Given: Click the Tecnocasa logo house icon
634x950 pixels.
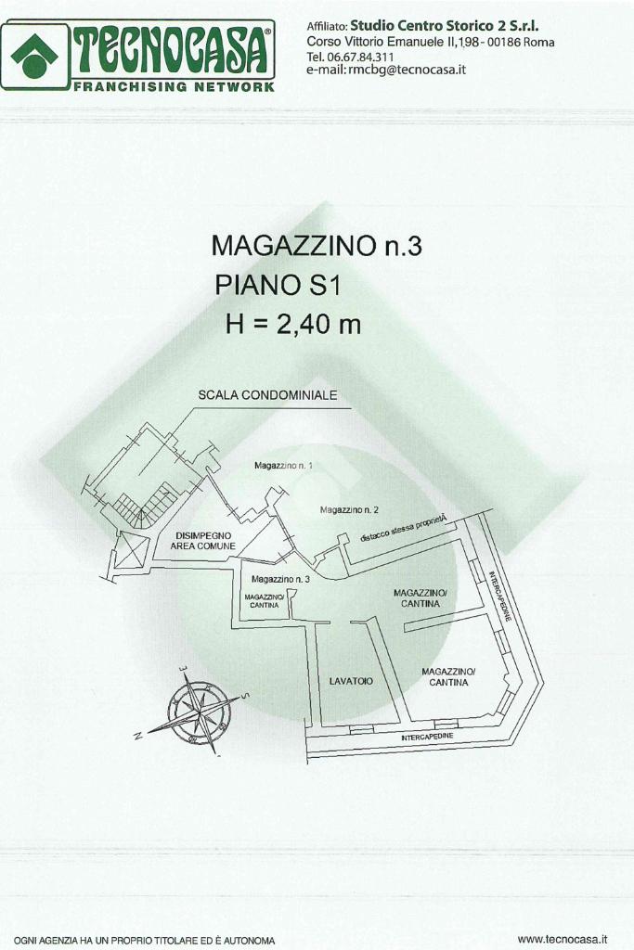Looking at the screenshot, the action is tap(34, 56).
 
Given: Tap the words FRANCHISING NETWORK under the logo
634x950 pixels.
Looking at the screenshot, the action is tap(174, 86).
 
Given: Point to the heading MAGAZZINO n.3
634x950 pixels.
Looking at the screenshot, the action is tap(317, 246).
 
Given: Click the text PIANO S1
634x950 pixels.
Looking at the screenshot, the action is tap(278, 285).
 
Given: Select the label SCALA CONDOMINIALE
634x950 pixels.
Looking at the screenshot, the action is tap(267, 395).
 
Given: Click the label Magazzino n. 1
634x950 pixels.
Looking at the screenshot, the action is tap(283, 465).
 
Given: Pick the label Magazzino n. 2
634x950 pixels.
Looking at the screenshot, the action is tap(349, 509).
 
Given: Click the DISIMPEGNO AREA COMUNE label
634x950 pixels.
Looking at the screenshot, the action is tap(202, 541).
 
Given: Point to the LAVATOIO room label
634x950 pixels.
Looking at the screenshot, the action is tap(351, 681).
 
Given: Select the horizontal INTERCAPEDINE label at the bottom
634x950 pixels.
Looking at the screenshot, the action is tap(427, 736).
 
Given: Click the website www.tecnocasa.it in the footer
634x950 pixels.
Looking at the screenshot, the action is tap(562, 939).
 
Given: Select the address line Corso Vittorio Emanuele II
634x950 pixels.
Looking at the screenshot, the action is tap(430, 43).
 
